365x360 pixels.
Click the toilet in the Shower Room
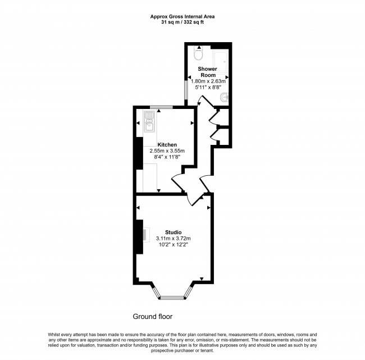pyautogui.click(x=197, y=54)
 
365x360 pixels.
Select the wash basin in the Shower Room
pyautogui.click(x=223, y=99)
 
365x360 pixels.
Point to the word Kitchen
pyautogui.click(x=167, y=144)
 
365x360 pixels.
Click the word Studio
pyautogui.click(x=173, y=232)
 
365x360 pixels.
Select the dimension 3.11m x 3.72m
pyautogui.click(x=174, y=239)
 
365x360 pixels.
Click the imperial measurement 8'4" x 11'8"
pyautogui.click(x=167, y=158)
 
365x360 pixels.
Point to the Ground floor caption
pyautogui.click(x=153, y=316)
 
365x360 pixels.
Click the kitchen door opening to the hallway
pyautogui.click(x=179, y=184)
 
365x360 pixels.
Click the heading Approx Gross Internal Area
pyautogui.click(x=182, y=16)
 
